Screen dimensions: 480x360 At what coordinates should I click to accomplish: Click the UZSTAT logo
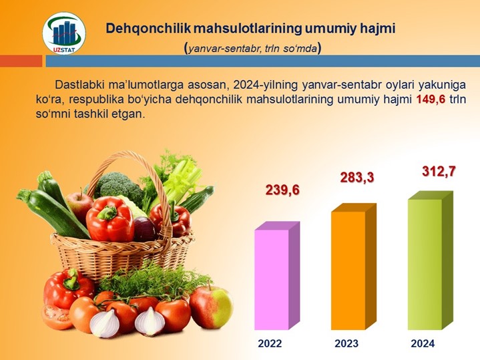pyautogui.click(x=64, y=33)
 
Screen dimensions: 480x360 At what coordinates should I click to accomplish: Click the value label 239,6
pyautogui.click(x=282, y=190)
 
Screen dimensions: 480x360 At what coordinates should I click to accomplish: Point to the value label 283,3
pyautogui.click(x=357, y=178)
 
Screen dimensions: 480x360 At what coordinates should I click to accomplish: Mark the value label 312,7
pyautogui.click(x=439, y=172)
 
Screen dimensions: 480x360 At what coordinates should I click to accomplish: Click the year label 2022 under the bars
pyautogui.click(x=270, y=343)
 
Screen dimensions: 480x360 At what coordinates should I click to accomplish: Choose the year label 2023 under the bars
pyautogui.click(x=346, y=343)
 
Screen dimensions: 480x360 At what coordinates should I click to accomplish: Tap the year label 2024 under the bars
pyautogui.click(x=423, y=343)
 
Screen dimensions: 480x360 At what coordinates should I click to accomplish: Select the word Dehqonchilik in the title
pyautogui.click(x=148, y=29)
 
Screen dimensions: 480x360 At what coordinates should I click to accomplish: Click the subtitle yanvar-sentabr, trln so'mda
pyautogui.click(x=253, y=48)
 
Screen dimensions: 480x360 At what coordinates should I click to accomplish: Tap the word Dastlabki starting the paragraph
pyautogui.click(x=80, y=85)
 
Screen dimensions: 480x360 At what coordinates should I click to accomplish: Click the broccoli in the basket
pyautogui.click(x=118, y=184)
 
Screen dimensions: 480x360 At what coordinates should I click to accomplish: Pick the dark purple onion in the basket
pyautogui.click(x=144, y=228)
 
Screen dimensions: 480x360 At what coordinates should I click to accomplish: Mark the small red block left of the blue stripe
pyautogui.click(x=21, y=61)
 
